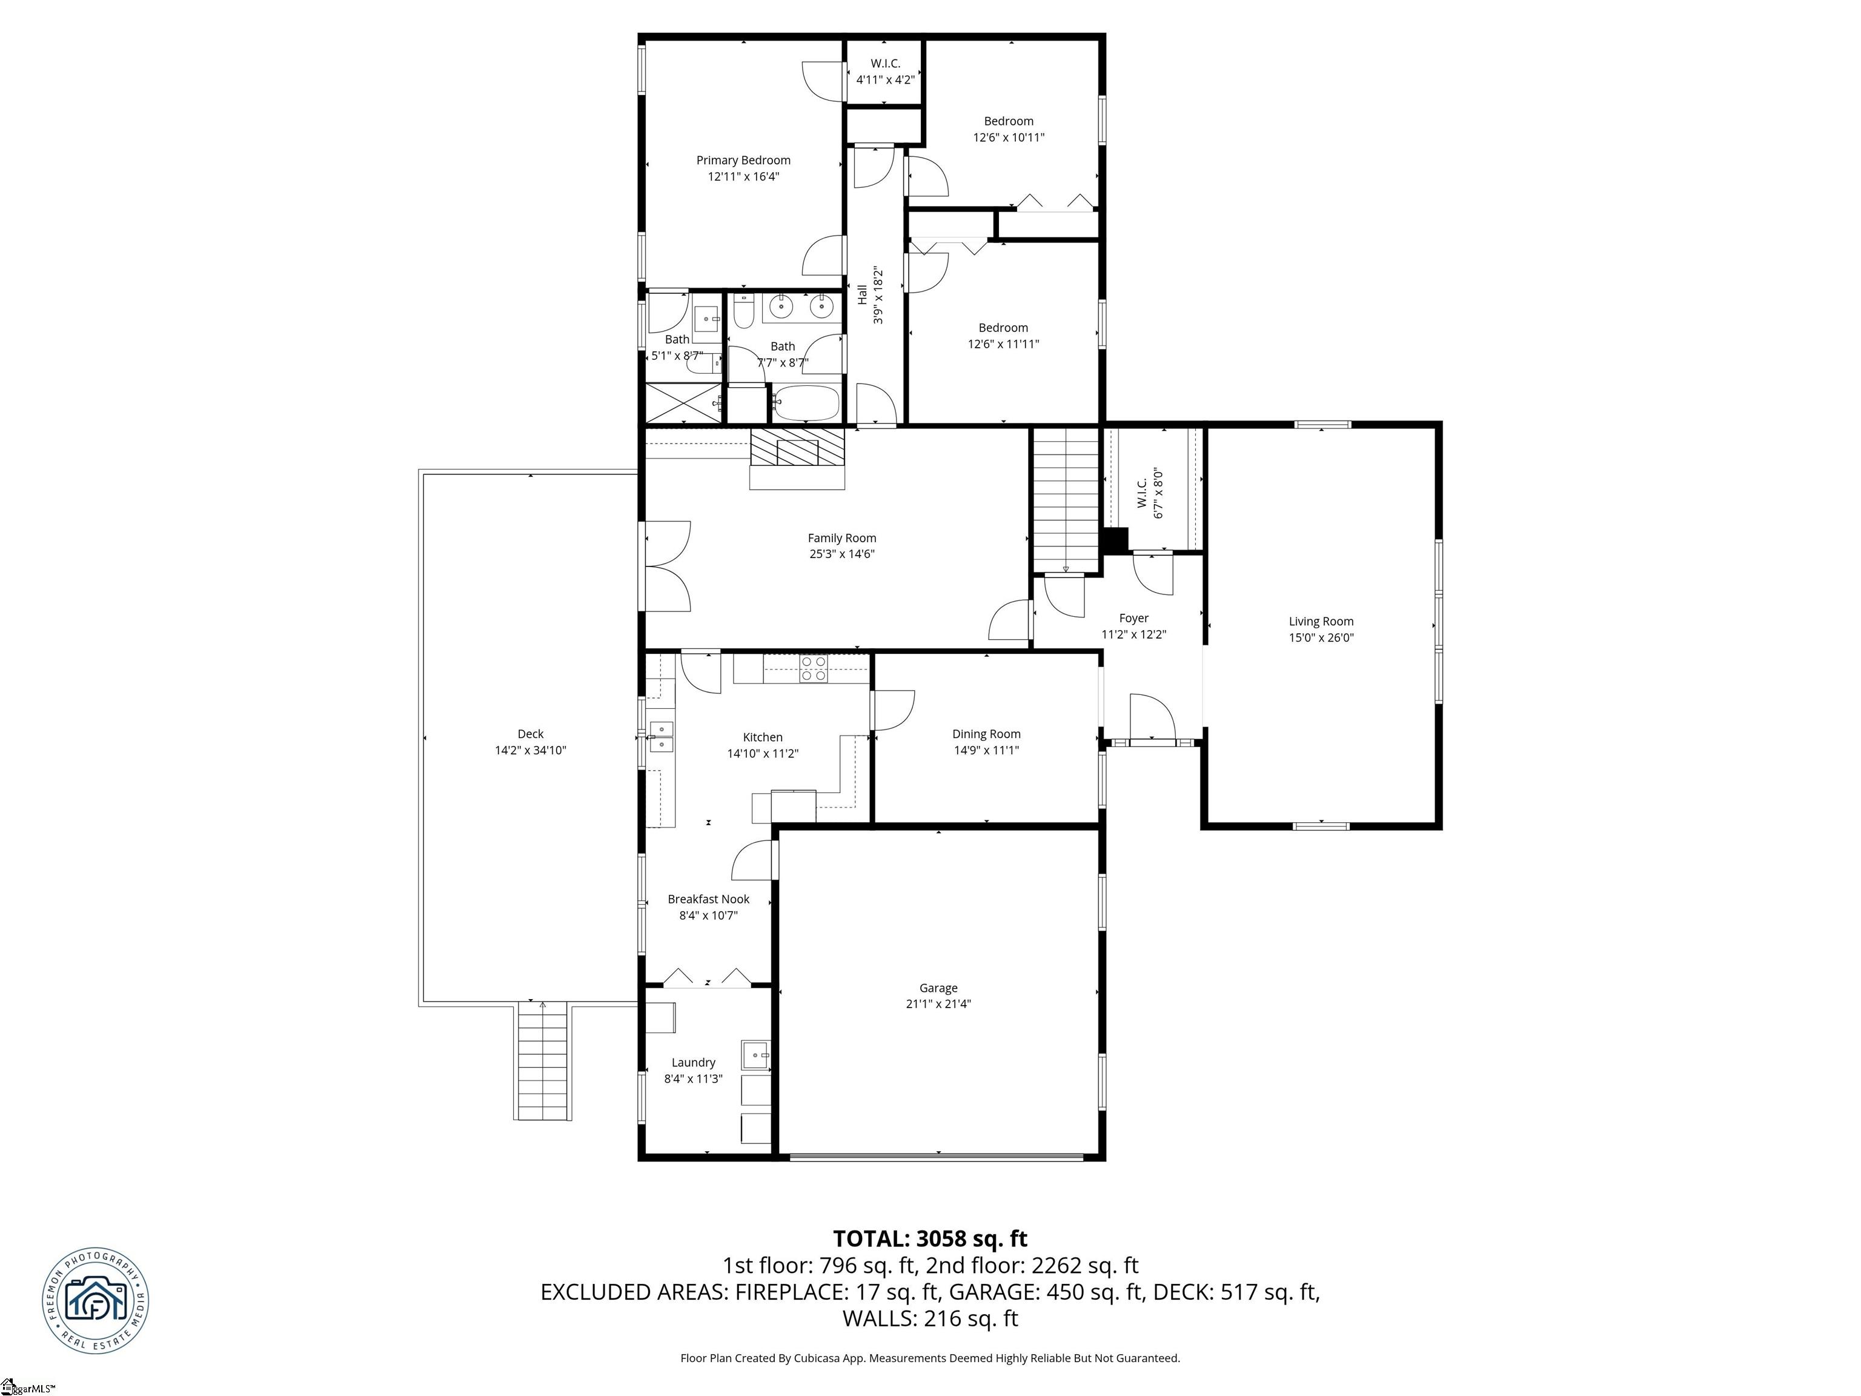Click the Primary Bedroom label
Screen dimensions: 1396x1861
[x=742, y=160]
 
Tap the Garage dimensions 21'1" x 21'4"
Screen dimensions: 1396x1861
[x=937, y=1004]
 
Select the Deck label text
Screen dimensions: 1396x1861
[x=530, y=734]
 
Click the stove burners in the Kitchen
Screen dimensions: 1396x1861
[x=813, y=669]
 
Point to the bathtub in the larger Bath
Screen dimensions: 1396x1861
[x=806, y=404]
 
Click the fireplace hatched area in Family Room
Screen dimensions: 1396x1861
[x=796, y=448]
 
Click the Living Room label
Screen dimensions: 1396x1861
[x=1320, y=621]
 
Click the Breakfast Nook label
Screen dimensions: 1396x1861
[x=708, y=899]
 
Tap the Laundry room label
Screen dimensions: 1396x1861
[x=692, y=1062]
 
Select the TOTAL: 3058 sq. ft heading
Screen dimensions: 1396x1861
[x=930, y=1238]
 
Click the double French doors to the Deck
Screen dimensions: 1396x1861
[x=666, y=565]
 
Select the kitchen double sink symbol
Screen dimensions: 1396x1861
[x=662, y=736]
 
